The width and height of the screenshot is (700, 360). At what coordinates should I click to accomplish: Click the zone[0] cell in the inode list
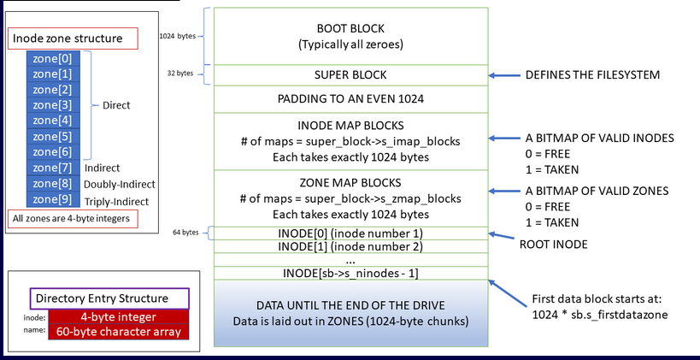pyautogui.click(x=54, y=58)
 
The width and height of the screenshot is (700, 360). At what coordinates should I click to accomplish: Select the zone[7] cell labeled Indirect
pyautogui.click(x=54, y=168)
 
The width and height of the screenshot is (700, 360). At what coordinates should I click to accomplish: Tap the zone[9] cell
pyautogui.click(x=54, y=200)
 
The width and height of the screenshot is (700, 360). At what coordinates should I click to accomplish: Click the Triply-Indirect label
pyautogui.click(x=116, y=201)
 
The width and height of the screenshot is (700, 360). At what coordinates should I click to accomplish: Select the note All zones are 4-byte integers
pyautogui.click(x=72, y=218)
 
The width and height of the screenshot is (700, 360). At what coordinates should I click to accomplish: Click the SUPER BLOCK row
pyautogui.click(x=350, y=75)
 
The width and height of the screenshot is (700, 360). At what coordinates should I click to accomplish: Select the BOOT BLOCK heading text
pyautogui.click(x=350, y=27)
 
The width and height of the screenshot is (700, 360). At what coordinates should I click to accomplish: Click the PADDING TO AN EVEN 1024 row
pyautogui.click(x=350, y=99)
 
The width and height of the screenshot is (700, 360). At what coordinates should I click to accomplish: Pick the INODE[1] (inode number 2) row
pyautogui.click(x=350, y=246)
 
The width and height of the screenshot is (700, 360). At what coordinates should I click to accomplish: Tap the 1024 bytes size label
pyautogui.click(x=177, y=37)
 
